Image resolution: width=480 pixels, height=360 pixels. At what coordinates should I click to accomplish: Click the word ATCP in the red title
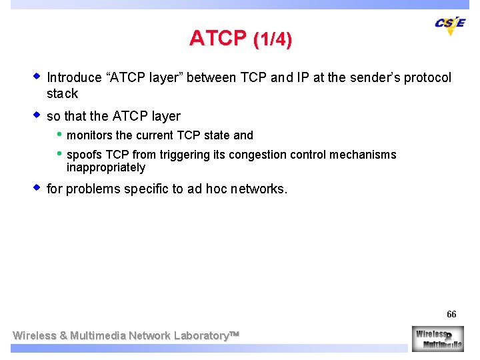click(x=217, y=39)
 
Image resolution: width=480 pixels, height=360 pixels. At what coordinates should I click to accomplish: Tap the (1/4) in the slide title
click(x=273, y=40)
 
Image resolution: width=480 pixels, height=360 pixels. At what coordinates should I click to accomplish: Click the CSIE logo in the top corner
click(x=450, y=25)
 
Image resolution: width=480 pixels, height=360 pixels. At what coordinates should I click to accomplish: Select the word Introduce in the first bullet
click(x=74, y=78)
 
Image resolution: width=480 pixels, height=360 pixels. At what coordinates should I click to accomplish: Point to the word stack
click(x=62, y=94)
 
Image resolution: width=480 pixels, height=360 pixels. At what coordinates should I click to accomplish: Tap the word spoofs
click(x=84, y=155)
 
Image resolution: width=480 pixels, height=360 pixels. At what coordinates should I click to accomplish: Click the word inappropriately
click(x=105, y=167)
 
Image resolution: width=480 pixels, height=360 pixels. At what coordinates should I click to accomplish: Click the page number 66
click(x=451, y=314)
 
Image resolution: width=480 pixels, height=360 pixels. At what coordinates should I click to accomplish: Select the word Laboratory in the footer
click(x=199, y=335)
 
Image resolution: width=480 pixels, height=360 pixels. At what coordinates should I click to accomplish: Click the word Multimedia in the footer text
click(x=98, y=335)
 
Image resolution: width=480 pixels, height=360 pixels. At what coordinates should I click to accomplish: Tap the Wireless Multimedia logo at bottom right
click(x=437, y=338)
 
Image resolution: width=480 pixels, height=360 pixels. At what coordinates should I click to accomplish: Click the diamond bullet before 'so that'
click(x=37, y=115)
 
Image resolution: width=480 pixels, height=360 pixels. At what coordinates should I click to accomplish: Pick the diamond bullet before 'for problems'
click(x=37, y=188)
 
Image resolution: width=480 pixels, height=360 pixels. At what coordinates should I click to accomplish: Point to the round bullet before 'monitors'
click(x=59, y=135)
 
